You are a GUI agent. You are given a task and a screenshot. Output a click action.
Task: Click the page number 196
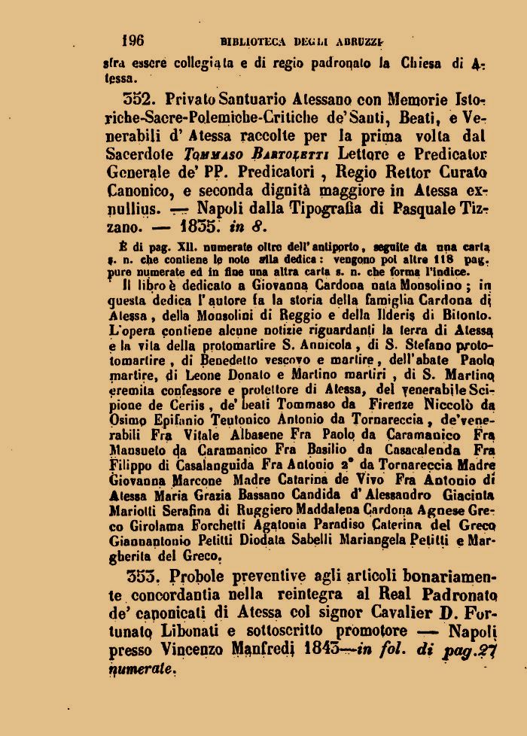[x=133, y=41]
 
